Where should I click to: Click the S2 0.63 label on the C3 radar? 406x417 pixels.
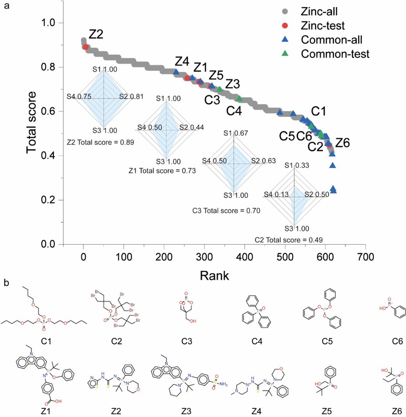tap(264, 161)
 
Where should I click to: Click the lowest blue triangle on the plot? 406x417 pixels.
tap(334, 191)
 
